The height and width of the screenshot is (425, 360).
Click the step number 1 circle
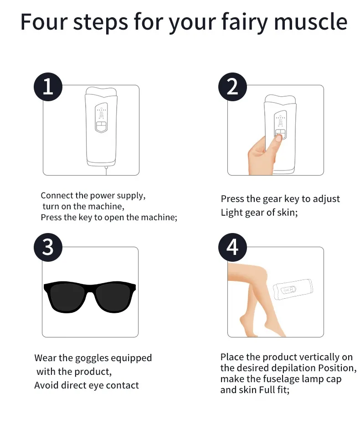tap(48, 87)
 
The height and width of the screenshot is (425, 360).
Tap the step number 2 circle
tap(232, 87)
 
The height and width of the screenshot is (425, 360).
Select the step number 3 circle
tap(48, 247)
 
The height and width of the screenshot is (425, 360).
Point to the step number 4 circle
tap(232, 247)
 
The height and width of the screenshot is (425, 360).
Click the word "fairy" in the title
tap(245, 22)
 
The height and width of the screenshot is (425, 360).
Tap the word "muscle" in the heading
tap(310, 22)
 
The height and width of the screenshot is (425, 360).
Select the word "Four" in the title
tap(44, 22)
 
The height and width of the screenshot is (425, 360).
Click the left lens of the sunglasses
tap(66, 296)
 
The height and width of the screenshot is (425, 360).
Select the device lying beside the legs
tap(293, 289)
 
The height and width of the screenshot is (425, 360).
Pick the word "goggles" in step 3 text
tap(92, 358)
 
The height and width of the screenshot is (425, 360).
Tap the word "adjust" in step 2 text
tap(326, 199)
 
